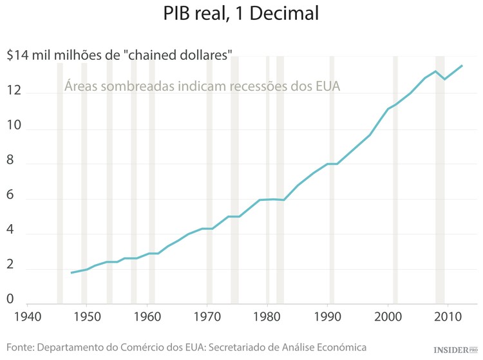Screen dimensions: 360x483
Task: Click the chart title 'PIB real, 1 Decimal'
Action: click(241, 15)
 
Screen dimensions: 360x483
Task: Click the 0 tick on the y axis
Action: click(11, 299)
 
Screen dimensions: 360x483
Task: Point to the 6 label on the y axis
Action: click(11, 200)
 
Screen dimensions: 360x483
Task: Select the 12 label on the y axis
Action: click(15, 92)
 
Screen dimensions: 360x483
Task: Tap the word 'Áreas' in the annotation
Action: click(82, 86)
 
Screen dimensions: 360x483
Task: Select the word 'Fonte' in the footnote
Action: click(21, 347)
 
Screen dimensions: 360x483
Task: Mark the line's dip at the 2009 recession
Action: click(444, 79)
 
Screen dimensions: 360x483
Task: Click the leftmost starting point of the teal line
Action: click(71, 273)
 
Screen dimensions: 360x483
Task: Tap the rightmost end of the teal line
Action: click(462, 65)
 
